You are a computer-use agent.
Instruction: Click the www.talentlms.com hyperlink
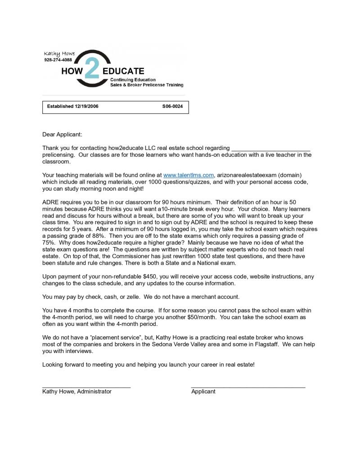(188, 175)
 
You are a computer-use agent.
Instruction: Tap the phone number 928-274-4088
(58, 60)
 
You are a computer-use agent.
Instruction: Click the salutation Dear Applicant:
(63, 134)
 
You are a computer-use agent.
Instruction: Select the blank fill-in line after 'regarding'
(270, 148)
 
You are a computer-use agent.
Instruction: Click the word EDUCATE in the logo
(123, 71)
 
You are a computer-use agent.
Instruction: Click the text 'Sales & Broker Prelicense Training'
(147, 85)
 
